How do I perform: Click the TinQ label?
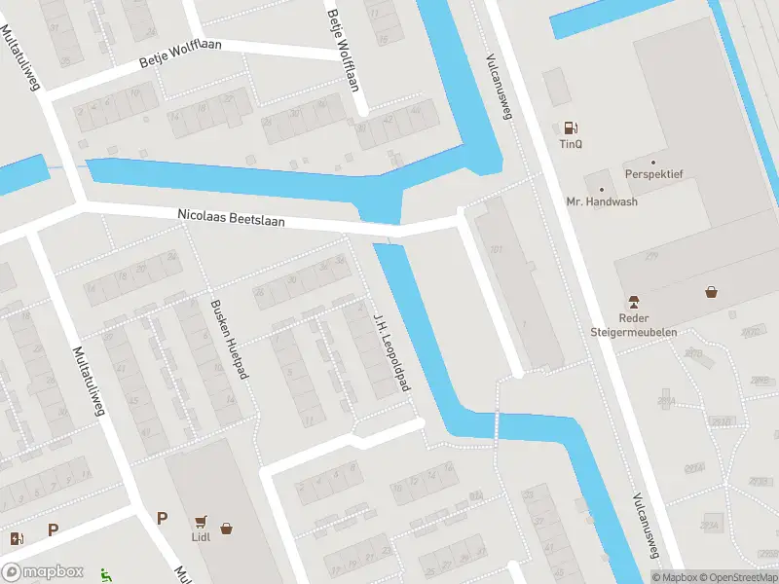coord(571,144)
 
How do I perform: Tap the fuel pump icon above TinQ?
coord(571,128)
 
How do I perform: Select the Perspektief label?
coord(653,174)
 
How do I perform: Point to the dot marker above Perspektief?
coord(653,162)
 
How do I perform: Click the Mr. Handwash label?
coord(602,202)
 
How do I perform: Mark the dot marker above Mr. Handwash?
coord(602,189)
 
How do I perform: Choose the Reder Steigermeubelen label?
coord(634,325)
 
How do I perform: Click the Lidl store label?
coord(201,535)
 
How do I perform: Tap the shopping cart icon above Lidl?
coord(201,520)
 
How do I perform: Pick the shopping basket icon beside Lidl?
coord(227,529)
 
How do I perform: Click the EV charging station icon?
coord(17,538)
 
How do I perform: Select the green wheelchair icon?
coord(104,574)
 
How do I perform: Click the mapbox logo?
coord(43,572)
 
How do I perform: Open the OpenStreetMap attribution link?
coord(737,577)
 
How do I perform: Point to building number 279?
coord(650,255)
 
